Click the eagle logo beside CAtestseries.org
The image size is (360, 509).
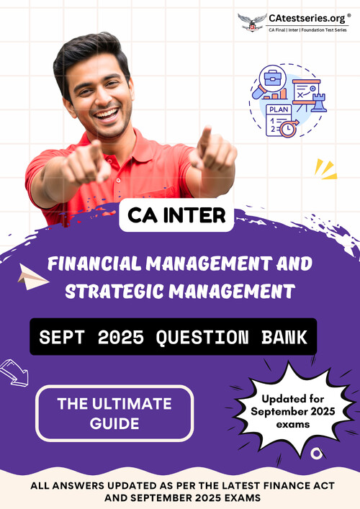251,21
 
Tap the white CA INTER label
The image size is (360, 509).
176,214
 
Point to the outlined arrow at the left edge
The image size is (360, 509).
13,373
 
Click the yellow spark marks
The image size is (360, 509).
326,169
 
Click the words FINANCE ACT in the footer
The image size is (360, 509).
288,485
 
